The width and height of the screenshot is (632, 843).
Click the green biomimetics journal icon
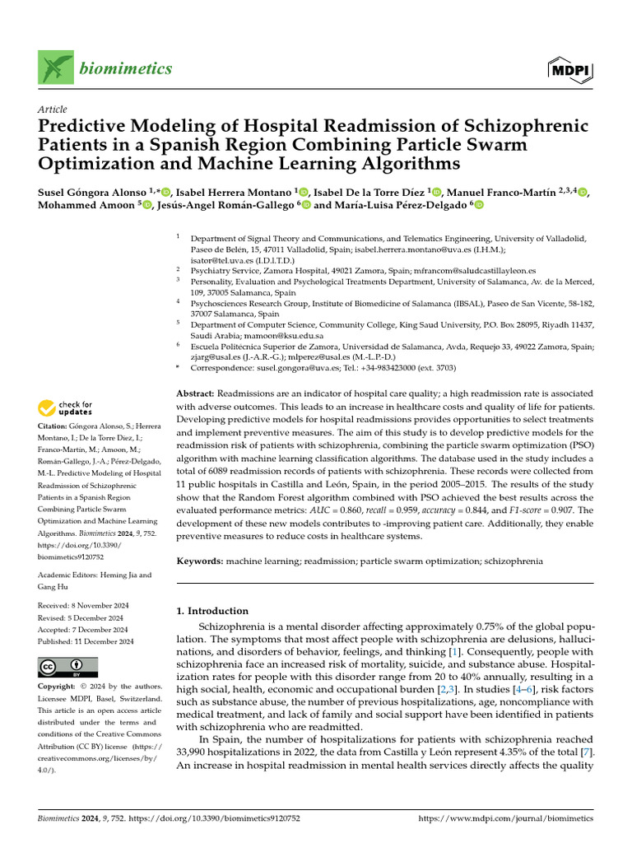click(54, 68)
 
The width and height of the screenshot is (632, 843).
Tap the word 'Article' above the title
click(53, 109)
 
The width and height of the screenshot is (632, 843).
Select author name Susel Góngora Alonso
click(86, 191)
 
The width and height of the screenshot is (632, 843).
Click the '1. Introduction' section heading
click(213, 611)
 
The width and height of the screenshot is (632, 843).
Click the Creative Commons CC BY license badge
click(67, 667)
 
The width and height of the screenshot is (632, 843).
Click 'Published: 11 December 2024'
click(85, 640)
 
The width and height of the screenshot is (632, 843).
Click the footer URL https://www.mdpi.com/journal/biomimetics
click(505, 819)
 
